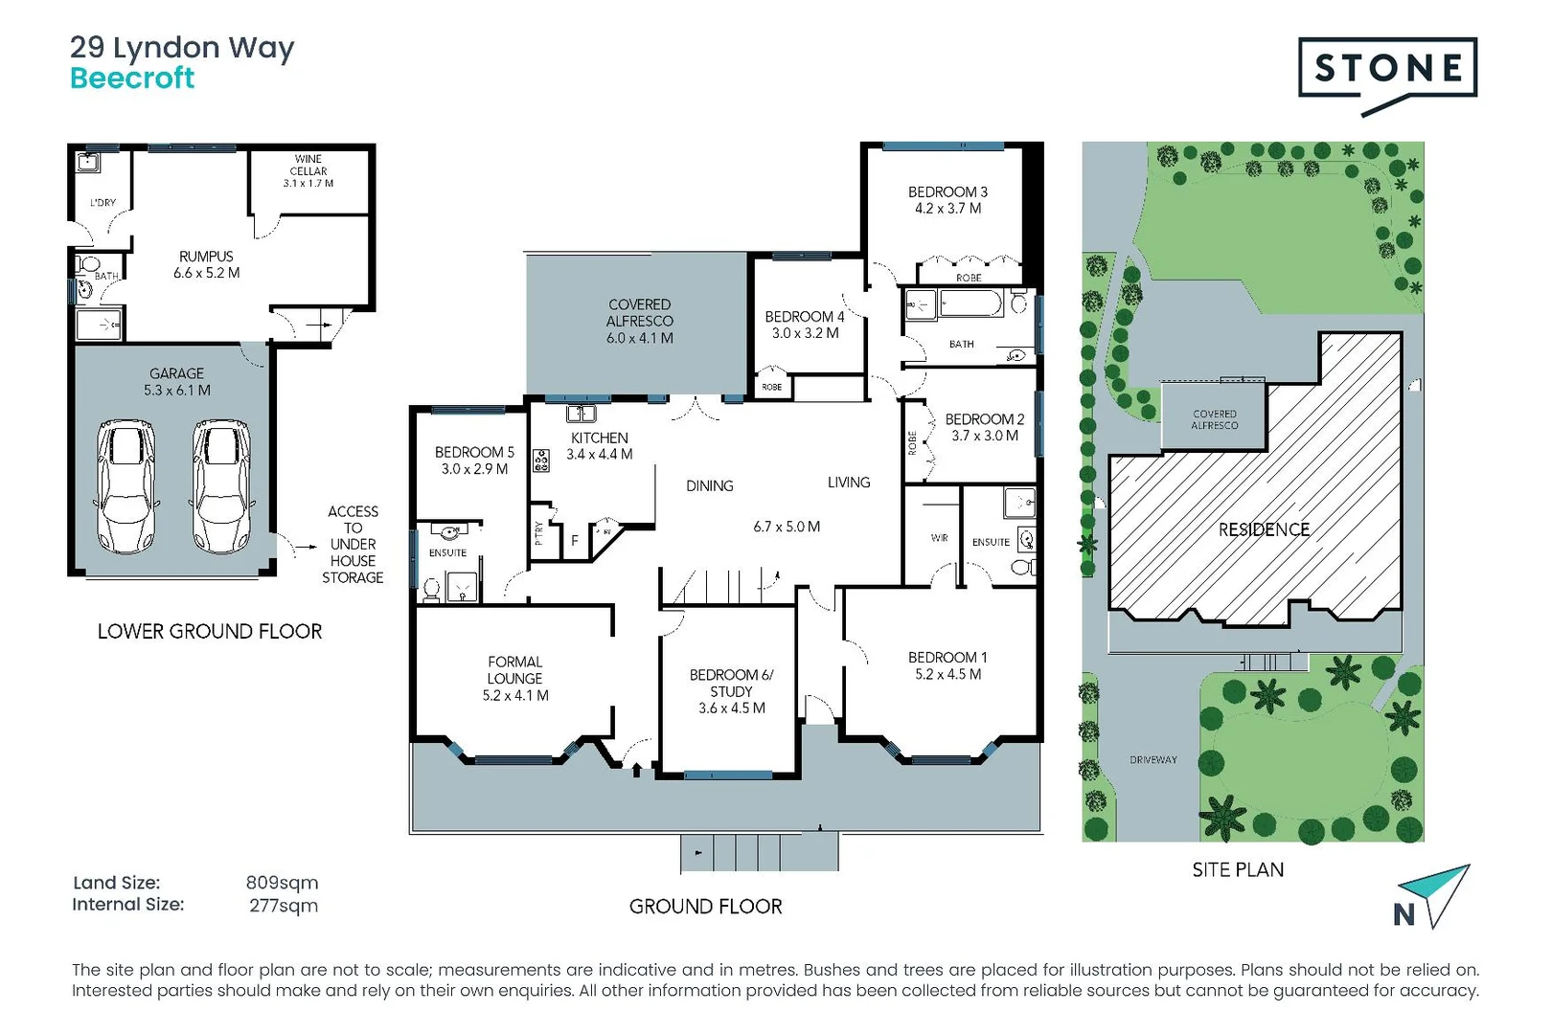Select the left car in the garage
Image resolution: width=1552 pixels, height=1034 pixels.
(x=126, y=486)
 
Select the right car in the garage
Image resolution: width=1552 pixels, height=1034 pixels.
(x=221, y=486)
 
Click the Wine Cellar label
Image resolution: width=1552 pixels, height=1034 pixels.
(x=308, y=171)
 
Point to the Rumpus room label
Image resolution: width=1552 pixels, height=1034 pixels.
(x=206, y=264)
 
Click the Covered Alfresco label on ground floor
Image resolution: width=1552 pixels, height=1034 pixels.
(x=639, y=321)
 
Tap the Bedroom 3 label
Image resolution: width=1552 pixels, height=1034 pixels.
(x=947, y=199)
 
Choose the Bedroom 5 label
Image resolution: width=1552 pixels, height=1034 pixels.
(x=474, y=460)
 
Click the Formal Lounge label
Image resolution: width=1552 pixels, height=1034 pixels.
(x=515, y=678)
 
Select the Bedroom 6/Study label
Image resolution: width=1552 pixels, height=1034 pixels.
(x=731, y=690)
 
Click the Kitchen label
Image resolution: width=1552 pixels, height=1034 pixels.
(x=600, y=445)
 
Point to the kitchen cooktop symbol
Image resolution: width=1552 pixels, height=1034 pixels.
(x=541, y=461)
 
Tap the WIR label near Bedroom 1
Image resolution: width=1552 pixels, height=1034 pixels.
(x=939, y=538)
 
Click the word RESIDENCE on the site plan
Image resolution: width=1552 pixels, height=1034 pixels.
(x=1263, y=529)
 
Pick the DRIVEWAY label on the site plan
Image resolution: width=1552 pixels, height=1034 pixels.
(x=1153, y=759)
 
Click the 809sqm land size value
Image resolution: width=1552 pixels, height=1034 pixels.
(x=282, y=883)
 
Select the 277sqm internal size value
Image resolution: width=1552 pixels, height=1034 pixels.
(x=284, y=905)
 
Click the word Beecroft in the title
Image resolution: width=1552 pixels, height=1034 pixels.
(x=132, y=79)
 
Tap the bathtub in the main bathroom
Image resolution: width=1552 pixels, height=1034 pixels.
(x=970, y=305)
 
